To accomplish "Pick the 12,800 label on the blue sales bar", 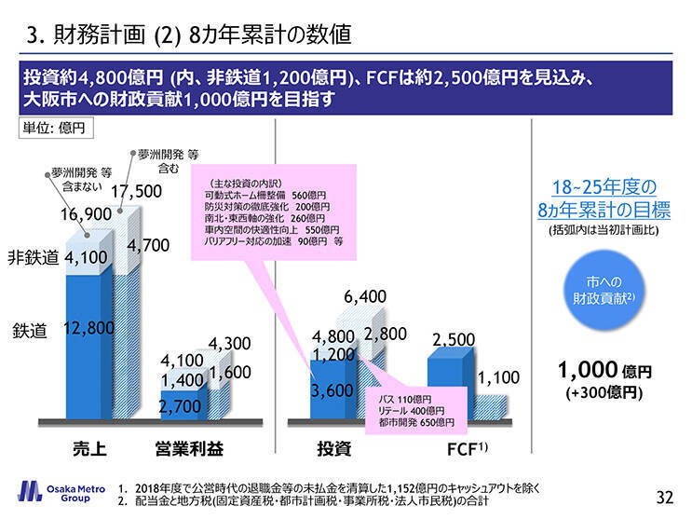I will [89, 327].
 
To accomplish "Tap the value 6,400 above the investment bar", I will [365, 297].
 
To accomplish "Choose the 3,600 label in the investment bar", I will [332, 391].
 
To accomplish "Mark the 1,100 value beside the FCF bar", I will [499, 378].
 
